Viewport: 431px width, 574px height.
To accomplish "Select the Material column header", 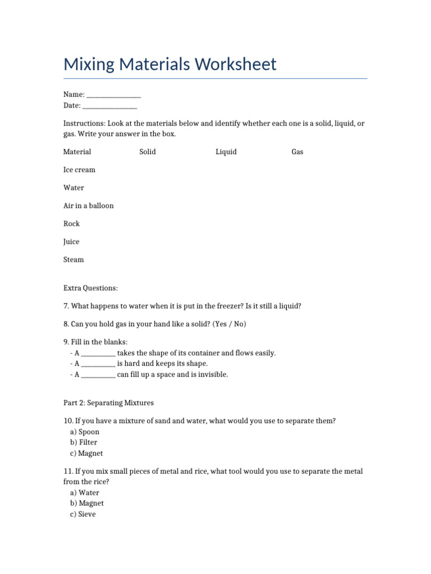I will [x=77, y=152].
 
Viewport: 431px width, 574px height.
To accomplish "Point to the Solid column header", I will [x=148, y=152].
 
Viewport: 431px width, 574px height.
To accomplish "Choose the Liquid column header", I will [x=226, y=152].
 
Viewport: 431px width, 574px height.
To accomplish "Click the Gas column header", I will [x=297, y=152].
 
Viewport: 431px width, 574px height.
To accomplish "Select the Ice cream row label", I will [x=79, y=170].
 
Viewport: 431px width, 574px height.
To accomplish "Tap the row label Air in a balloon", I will [x=88, y=206].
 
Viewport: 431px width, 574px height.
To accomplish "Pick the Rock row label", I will [x=71, y=224].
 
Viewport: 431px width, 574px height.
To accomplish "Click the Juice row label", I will [x=71, y=242].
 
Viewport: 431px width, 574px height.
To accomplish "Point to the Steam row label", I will [x=74, y=260].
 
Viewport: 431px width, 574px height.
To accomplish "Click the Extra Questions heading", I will [x=90, y=288].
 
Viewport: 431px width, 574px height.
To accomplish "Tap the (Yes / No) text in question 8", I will [x=230, y=324].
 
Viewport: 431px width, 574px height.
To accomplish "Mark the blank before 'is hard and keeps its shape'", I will [x=98, y=364].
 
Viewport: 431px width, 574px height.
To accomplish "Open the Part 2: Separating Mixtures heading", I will [x=108, y=403].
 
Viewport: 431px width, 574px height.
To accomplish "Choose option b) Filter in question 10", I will [x=84, y=442].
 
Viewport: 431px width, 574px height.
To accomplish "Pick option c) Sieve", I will [x=83, y=514].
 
